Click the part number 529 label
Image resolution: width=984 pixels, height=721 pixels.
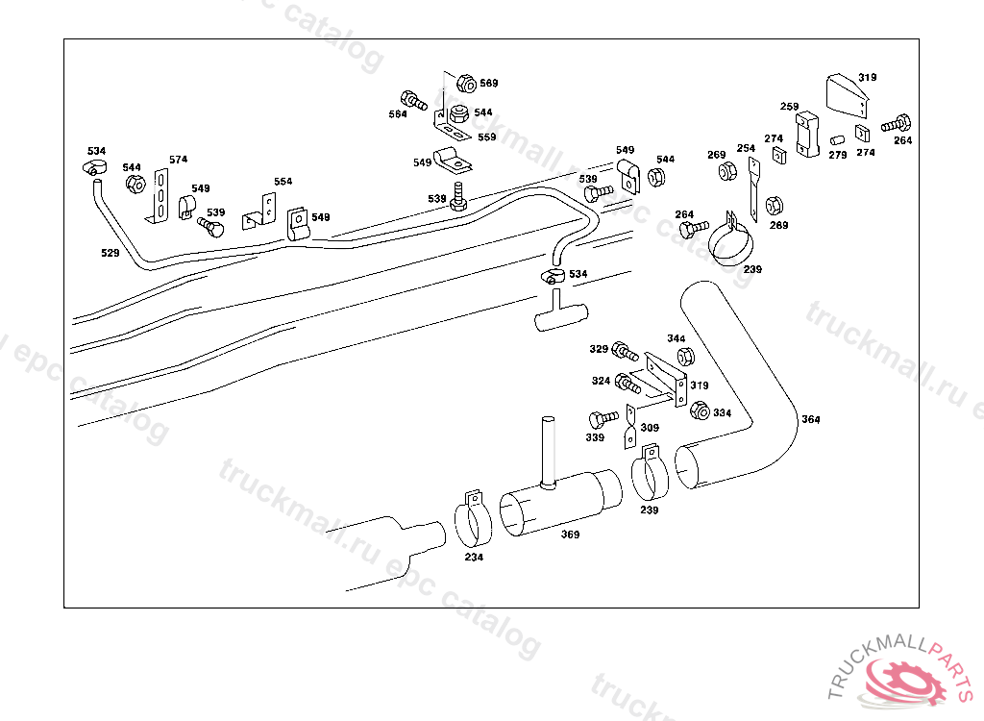[x=110, y=252]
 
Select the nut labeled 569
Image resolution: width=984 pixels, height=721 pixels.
[x=466, y=83]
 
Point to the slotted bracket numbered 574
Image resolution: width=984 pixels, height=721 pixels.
[x=160, y=194]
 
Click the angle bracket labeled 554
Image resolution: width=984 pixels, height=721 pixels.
[x=262, y=211]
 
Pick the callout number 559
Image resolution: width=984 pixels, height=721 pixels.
[x=486, y=137]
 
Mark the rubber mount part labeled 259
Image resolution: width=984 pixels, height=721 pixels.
[x=805, y=134]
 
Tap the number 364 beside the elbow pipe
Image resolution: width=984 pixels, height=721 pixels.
[x=811, y=419]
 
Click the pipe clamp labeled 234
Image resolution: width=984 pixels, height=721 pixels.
[x=471, y=520]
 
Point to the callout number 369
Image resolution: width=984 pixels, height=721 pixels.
[x=571, y=535]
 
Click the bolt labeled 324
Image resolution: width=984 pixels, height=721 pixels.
[x=628, y=383]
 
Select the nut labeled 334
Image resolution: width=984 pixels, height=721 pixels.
[x=700, y=410]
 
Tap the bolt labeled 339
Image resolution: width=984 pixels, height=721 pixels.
[x=603, y=419]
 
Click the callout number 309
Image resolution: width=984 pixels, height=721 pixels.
[x=651, y=428]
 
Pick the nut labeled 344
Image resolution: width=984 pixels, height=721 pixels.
[x=685, y=357]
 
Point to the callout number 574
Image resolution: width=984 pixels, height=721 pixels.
[x=179, y=160]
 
